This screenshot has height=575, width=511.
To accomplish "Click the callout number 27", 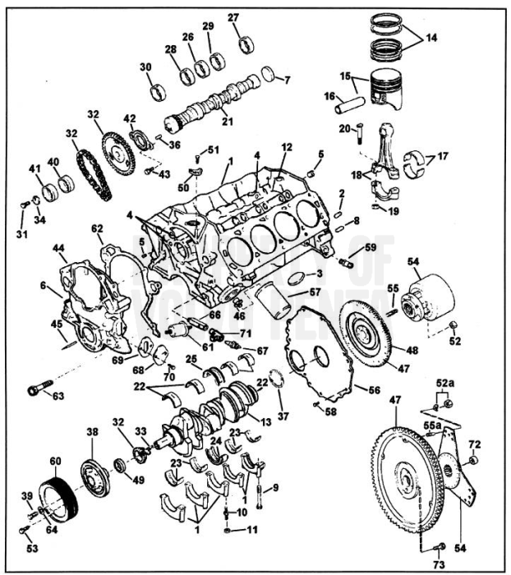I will tap(233, 18).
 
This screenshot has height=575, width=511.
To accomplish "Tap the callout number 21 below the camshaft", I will tap(228, 121).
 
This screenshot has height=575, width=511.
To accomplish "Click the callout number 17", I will tap(444, 157).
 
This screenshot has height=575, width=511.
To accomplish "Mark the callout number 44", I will tap(58, 247).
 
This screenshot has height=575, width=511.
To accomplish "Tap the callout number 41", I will tap(35, 169).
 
